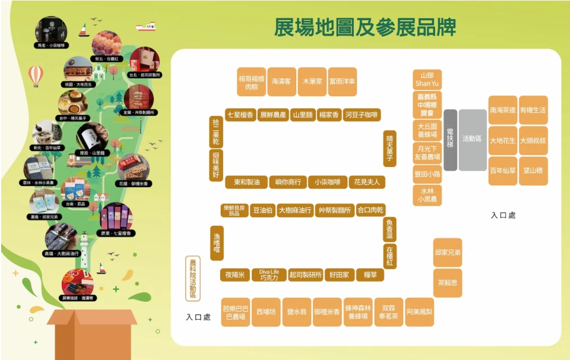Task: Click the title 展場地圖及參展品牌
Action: pyautogui.click(x=365, y=27)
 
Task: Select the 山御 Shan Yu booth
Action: pyautogui.click(x=427, y=79)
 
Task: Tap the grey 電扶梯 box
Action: pyautogui.click(x=450, y=139)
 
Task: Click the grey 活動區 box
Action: pyautogui.click(x=473, y=139)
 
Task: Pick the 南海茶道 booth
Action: pyautogui.click(x=503, y=110)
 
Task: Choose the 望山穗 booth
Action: pyautogui.click(x=533, y=171)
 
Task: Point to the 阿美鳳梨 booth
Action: pyautogui.click(x=420, y=312)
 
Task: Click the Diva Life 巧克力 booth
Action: pyautogui.click(x=269, y=275)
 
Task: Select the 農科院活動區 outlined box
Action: pyautogui.click(x=193, y=279)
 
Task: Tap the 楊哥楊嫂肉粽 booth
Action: pyautogui.click(x=251, y=82)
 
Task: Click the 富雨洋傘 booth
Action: pyautogui.click(x=342, y=82)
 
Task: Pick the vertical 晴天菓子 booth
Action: pyautogui.click(x=390, y=148)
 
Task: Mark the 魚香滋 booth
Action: pyautogui.click(x=390, y=229)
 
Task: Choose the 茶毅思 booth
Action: pyautogui.click(x=448, y=283)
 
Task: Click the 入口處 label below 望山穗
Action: pyautogui.click(x=503, y=215)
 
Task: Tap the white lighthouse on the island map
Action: pyautogui.click(x=84, y=249)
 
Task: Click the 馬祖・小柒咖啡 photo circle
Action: pyautogui.click(x=51, y=32)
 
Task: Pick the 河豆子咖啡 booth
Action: pyautogui.click(x=362, y=115)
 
